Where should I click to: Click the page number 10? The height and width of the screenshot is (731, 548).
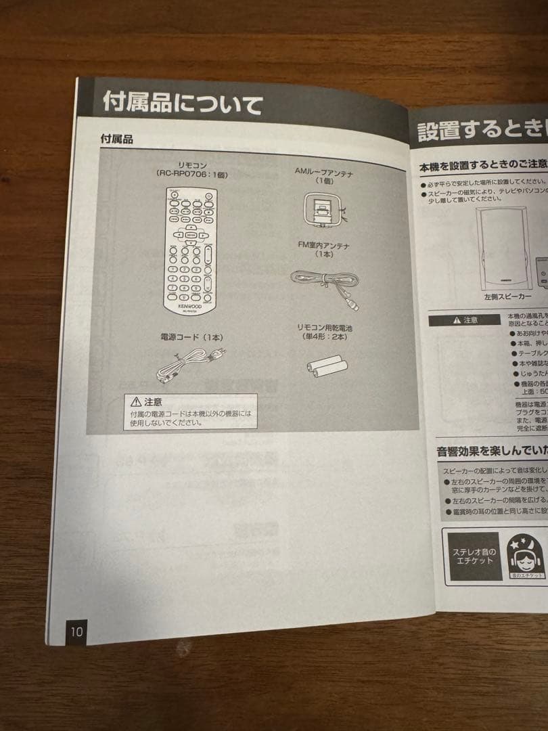pyautogui.click(x=75, y=632)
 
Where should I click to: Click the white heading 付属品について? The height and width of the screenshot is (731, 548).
pyautogui.click(x=182, y=104)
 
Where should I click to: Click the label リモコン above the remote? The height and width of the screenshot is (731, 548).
pyautogui.click(x=193, y=164)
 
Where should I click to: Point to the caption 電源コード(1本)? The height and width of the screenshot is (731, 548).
pyautogui.click(x=191, y=337)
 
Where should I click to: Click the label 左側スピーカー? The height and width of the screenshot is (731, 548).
pyautogui.click(x=507, y=296)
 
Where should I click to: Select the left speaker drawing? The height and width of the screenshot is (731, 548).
pyautogui.click(x=504, y=247)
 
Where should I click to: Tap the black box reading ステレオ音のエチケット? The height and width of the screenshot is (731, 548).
pyautogui.click(x=474, y=556)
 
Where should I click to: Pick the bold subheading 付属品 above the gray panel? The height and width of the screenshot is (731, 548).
pyautogui.click(x=116, y=139)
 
